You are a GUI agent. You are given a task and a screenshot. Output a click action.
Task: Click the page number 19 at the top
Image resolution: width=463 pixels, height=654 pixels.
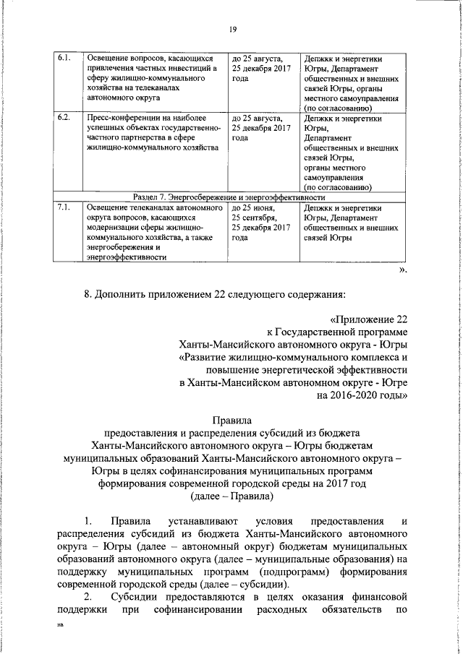coord(232,29)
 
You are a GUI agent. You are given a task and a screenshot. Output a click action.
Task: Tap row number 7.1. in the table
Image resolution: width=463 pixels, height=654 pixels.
coord(64,208)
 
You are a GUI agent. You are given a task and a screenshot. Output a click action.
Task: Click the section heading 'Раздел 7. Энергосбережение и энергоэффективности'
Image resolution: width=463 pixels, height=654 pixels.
coord(230,197)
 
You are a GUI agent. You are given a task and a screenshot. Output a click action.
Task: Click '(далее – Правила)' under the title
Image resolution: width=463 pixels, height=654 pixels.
coord(231,497)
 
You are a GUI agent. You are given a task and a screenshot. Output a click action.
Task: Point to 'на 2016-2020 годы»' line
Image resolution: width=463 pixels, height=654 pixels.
coord(362,395)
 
